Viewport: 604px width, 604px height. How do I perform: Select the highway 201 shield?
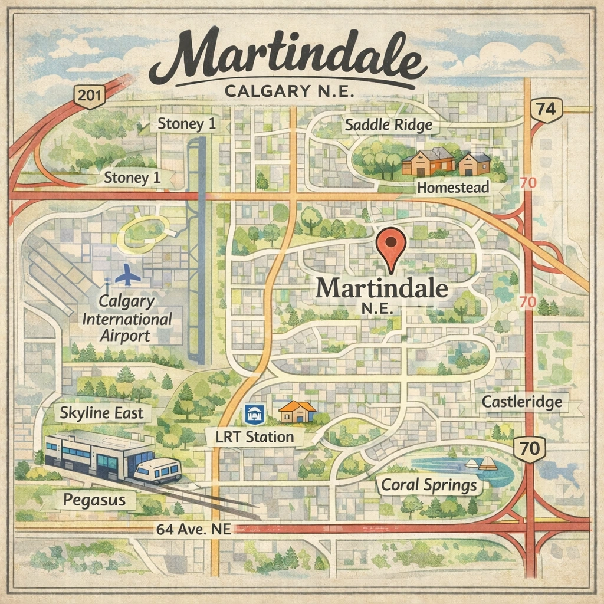89,97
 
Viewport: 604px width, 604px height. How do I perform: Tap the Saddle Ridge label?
388,125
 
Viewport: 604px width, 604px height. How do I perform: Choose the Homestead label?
452,188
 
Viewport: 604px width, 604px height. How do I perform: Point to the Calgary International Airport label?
127,319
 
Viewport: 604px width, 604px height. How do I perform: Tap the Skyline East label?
101,413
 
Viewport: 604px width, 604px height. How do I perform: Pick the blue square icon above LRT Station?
255,414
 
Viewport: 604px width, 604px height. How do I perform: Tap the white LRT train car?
157,471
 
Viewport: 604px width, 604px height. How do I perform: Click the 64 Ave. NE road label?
192,529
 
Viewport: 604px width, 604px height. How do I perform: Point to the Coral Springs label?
429,485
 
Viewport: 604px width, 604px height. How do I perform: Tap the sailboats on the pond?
481,464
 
